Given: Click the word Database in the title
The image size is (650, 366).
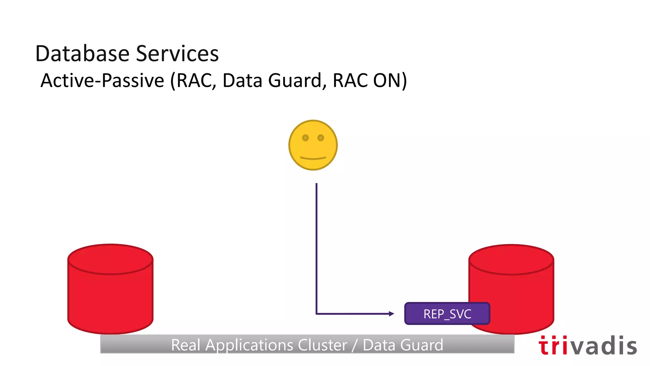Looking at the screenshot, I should coord(82,53).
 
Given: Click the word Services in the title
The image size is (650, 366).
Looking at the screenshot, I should coord(177,53).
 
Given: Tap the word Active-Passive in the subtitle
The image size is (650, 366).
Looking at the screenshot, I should coord(102,80).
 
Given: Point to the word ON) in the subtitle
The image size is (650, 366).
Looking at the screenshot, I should coord(390,80).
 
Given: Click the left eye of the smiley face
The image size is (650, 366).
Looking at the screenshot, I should coord(305,138).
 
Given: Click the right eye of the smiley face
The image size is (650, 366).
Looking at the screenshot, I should coord(321,138).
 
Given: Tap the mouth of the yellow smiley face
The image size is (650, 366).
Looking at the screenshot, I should coord(313,158).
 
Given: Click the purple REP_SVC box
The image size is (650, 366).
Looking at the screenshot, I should coord(447,314).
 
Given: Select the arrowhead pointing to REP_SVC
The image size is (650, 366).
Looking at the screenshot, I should coord(392,314).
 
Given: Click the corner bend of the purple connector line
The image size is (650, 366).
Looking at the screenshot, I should coord(316,314).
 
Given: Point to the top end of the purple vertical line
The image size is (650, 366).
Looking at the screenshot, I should coord(316,184).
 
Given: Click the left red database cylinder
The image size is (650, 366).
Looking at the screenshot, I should coord(110,295).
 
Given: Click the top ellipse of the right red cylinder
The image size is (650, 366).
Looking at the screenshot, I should coord(511,259).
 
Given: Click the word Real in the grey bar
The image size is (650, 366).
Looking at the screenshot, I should coord(185,345).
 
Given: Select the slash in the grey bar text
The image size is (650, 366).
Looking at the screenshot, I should coord(355,345).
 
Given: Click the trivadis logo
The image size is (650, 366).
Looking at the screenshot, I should coord(587,346).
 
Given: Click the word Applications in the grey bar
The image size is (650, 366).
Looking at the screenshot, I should coord(249,345).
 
